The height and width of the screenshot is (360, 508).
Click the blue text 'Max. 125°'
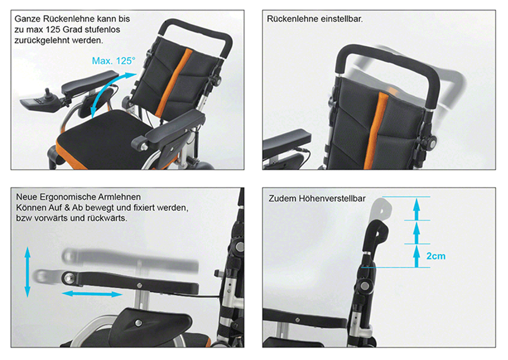(x=113, y=61)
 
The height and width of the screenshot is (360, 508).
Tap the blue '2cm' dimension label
(x=436, y=256)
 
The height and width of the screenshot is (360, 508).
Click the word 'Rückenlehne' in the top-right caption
(x=293, y=19)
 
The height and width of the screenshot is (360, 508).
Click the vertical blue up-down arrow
(x=27, y=272)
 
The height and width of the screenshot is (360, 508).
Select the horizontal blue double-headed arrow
(x=92, y=294)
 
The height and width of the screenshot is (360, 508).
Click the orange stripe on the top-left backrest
(x=173, y=83)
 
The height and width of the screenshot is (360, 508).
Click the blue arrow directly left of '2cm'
(x=417, y=256)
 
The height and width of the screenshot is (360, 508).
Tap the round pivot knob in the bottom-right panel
(x=365, y=286)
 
